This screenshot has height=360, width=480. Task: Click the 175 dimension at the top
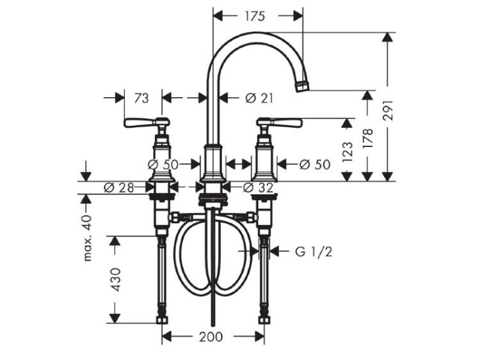tap(254, 16)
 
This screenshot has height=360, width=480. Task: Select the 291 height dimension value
tap(388, 110)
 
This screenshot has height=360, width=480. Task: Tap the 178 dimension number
tap(367, 139)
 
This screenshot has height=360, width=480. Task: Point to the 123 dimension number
tap(347, 152)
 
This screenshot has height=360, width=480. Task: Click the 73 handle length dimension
tap(141, 98)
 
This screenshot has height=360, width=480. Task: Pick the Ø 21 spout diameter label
tap(259, 98)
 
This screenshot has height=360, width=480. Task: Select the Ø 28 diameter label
tap(119, 187)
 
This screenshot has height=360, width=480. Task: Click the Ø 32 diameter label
tap(258, 187)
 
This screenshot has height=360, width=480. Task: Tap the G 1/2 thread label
tap(314, 252)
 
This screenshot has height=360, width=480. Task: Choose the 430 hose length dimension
tap(116, 279)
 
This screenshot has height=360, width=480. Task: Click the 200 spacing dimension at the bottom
tap(211, 337)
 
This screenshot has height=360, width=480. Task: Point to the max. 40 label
tap(88, 238)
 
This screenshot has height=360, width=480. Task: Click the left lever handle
tap(147, 122)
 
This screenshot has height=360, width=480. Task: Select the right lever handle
tap(279, 122)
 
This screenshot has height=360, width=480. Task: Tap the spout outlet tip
tap(302, 85)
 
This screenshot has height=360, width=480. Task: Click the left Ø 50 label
tap(163, 164)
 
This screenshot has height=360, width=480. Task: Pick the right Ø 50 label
tap(315, 164)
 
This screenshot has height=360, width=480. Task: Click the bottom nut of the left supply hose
tap(162, 320)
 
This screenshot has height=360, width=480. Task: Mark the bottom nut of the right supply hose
tap(264, 320)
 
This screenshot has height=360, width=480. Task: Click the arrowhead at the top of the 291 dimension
tap(388, 37)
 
